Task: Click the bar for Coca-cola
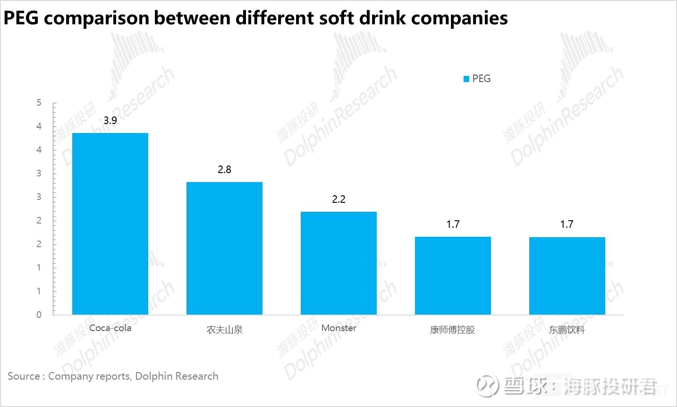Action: pyautogui.click(x=110, y=224)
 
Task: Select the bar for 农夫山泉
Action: pyautogui.click(x=224, y=248)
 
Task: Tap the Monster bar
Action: pyautogui.click(x=338, y=263)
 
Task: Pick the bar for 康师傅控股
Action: pyautogui.click(x=453, y=275)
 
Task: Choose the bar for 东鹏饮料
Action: pyautogui.click(x=567, y=275)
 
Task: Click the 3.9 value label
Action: pyautogui.click(x=110, y=121)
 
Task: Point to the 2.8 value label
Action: pyautogui.click(x=224, y=170)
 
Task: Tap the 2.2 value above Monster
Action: pyautogui.click(x=338, y=199)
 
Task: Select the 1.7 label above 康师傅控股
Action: pyautogui.click(x=453, y=224)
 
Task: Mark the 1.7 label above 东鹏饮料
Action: pyautogui.click(x=567, y=224)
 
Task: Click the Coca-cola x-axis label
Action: pyautogui.click(x=110, y=328)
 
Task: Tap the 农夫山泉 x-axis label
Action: pyautogui.click(x=224, y=330)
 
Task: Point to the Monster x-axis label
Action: pyautogui.click(x=338, y=328)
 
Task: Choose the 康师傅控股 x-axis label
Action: pyautogui.click(x=452, y=330)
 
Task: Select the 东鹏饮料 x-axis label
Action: pyautogui.click(x=567, y=330)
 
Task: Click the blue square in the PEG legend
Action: pyautogui.click(x=466, y=79)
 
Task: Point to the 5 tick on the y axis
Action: pyautogui.click(x=39, y=103)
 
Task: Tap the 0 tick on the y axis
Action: pyautogui.click(x=39, y=315)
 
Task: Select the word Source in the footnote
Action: pyautogui.click(x=24, y=376)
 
